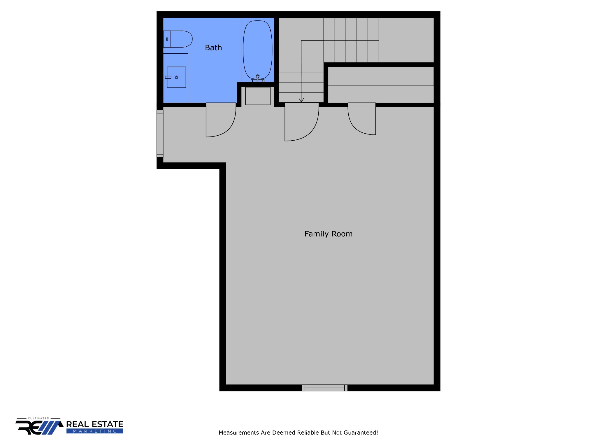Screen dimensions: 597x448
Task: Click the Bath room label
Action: point(213,48)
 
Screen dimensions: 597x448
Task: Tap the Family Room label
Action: point(329,234)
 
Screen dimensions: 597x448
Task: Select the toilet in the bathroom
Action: point(178,39)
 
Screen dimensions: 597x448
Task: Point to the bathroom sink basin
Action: point(176,77)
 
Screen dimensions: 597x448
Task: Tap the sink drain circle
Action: point(176,77)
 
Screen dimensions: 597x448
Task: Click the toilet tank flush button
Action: point(167,39)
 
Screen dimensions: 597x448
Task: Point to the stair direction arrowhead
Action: point(301,100)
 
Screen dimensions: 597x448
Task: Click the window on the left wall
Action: point(160,134)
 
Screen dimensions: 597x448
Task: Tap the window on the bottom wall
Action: point(325,388)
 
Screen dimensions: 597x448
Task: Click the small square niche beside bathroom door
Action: point(258,96)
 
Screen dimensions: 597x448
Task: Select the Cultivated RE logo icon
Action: point(39,427)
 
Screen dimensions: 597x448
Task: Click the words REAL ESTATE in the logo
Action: point(95,424)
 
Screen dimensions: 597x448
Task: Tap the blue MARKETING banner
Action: point(95,431)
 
